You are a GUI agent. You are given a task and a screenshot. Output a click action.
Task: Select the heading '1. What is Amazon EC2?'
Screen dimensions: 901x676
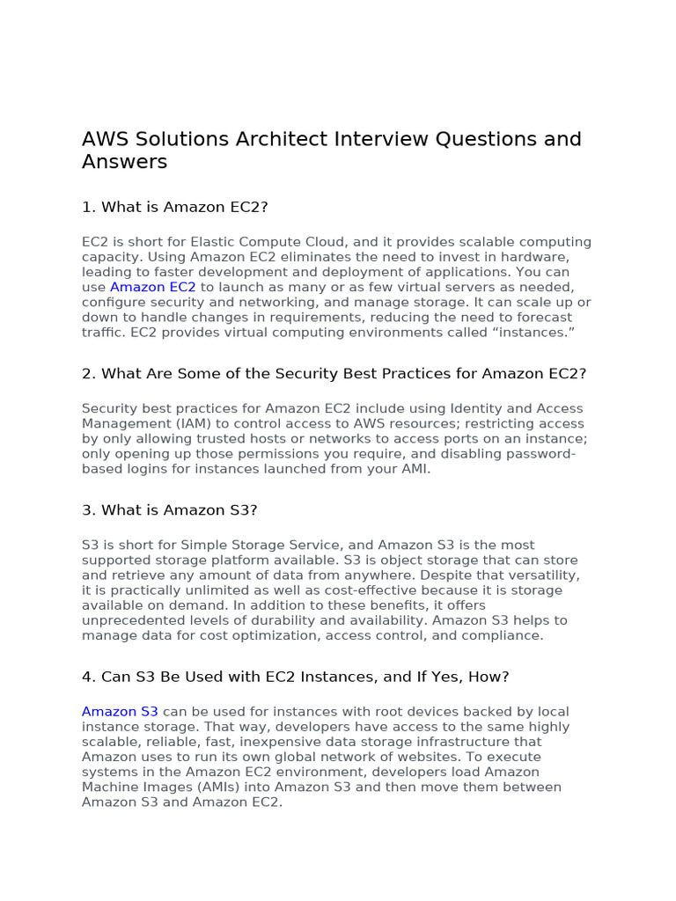(x=174, y=207)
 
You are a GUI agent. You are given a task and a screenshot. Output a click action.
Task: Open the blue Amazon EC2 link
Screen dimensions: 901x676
(x=153, y=287)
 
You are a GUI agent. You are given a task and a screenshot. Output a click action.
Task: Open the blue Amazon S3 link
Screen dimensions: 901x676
(x=120, y=711)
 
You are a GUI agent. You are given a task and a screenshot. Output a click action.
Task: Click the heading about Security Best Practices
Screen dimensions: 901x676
(x=334, y=373)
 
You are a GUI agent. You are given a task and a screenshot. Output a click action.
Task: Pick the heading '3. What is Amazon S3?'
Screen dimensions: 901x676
(x=169, y=510)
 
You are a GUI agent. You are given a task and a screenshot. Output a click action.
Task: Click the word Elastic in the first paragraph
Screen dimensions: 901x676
(x=211, y=242)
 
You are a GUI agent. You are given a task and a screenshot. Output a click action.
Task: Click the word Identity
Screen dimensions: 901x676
(x=476, y=408)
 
